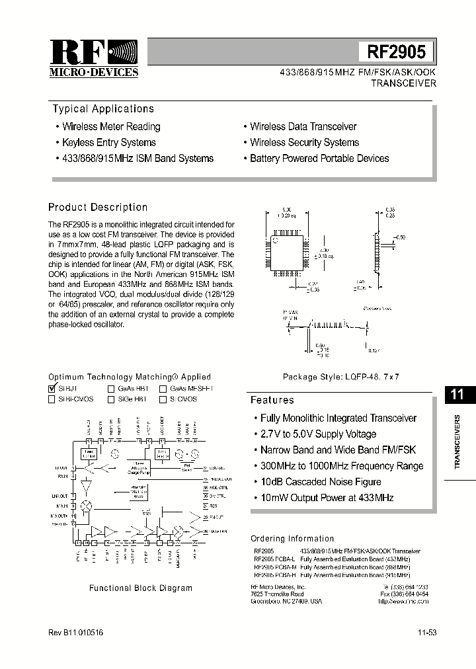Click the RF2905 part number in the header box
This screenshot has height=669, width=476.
tap(397, 52)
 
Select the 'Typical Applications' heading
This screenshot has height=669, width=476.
tap(103, 109)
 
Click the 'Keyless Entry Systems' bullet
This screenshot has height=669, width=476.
tap(109, 142)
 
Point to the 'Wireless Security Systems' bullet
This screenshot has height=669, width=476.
tap(304, 142)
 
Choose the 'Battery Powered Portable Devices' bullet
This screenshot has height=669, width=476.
tap(319, 159)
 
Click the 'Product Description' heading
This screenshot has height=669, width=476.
tap(98, 207)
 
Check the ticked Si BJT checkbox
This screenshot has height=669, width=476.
tap(52, 389)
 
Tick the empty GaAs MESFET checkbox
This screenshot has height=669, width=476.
tap(163, 389)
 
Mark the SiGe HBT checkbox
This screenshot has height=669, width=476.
tap(112, 399)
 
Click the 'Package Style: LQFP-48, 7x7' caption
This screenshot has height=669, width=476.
tap(341, 376)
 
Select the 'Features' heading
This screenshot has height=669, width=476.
tap(272, 400)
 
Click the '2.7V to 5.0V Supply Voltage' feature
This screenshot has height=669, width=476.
tap(318, 434)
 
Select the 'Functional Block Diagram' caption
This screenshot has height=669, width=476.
tap(141, 588)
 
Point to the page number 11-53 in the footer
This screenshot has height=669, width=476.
tap(426, 633)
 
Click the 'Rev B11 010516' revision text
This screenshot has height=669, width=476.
tap(76, 633)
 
